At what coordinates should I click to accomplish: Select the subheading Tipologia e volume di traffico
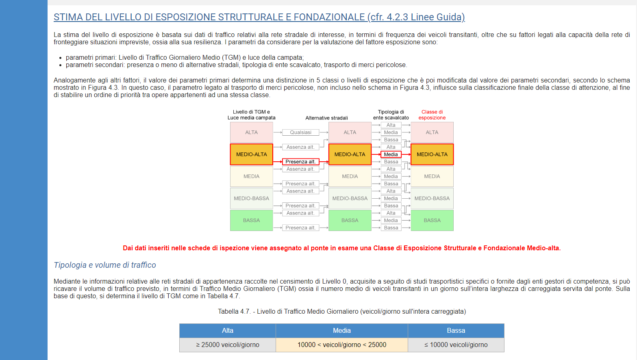(x=105, y=265)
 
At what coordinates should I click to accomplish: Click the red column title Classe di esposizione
(x=432, y=115)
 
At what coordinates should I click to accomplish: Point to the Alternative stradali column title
(x=326, y=118)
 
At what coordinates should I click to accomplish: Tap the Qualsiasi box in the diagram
(x=300, y=132)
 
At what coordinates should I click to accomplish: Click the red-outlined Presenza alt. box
(x=300, y=162)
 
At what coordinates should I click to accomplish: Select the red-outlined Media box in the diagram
(x=391, y=154)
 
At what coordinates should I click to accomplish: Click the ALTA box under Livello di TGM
(x=251, y=132)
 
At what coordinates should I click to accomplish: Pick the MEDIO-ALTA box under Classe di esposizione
(x=432, y=154)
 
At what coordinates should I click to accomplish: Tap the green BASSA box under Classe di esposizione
(x=432, y=220)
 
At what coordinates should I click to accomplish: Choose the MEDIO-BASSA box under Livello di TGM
(x=251, y=198)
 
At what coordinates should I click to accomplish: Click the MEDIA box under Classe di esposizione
(x=432, y=176)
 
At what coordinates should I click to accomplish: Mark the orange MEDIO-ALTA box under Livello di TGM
(x=251, y=154)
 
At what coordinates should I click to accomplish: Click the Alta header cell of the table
(x=228, y=331)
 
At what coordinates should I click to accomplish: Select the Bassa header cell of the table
(x=456, y=331)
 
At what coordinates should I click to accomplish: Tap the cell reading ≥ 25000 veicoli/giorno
(x=228, y=345)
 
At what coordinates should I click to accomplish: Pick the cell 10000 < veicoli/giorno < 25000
(x=341, y=345)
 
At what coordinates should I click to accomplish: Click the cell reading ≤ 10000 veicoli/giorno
(x=456, y=345)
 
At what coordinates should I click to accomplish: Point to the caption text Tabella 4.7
(x=234, y=311)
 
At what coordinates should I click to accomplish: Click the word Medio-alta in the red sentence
(x=543, y=248)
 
